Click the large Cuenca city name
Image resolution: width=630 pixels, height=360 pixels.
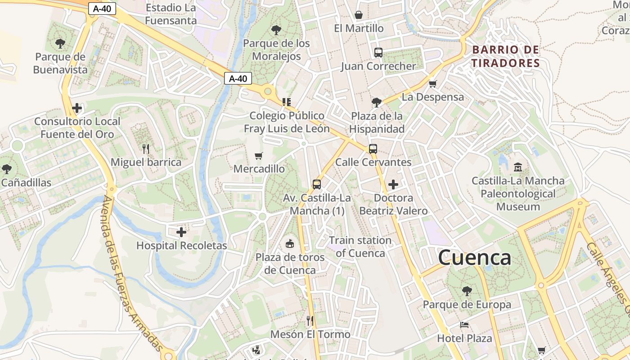[x=474, y=258]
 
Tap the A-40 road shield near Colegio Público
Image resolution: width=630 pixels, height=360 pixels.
[x=238, y=79]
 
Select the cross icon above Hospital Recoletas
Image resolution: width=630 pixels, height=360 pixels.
[x=181, y=232]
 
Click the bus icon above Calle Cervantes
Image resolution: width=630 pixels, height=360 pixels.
[x=373, y=149]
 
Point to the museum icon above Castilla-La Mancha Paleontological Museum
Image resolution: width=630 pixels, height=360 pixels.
[x=517, y=167]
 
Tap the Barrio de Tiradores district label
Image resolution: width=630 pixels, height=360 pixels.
[x=505, y=56]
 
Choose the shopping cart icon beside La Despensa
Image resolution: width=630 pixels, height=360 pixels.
[x=433, y=84]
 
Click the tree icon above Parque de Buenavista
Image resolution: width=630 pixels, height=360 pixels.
[x=60, y=44]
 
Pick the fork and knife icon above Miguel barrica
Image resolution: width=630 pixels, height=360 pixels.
[x=145, y=148]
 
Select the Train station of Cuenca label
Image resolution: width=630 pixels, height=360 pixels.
[x=360, y=247]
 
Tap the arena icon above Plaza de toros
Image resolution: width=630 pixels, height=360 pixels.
[x=290, y=244]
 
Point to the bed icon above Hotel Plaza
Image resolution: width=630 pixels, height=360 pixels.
[x=464, y=325]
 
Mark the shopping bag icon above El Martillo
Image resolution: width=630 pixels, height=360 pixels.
[x=359, y=15]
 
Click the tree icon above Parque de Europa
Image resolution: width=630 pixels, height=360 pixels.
[x=467, y=291]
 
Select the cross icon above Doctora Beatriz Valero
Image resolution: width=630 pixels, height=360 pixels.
[x=393, y=184]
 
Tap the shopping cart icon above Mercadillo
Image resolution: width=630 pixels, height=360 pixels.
[x=259, y=156]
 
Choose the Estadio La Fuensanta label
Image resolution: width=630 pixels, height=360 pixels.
[x=171, y=14]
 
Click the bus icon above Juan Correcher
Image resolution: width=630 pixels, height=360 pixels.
[x=378, y=53]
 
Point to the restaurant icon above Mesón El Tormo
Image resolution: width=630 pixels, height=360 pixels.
[x=310, y=320]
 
